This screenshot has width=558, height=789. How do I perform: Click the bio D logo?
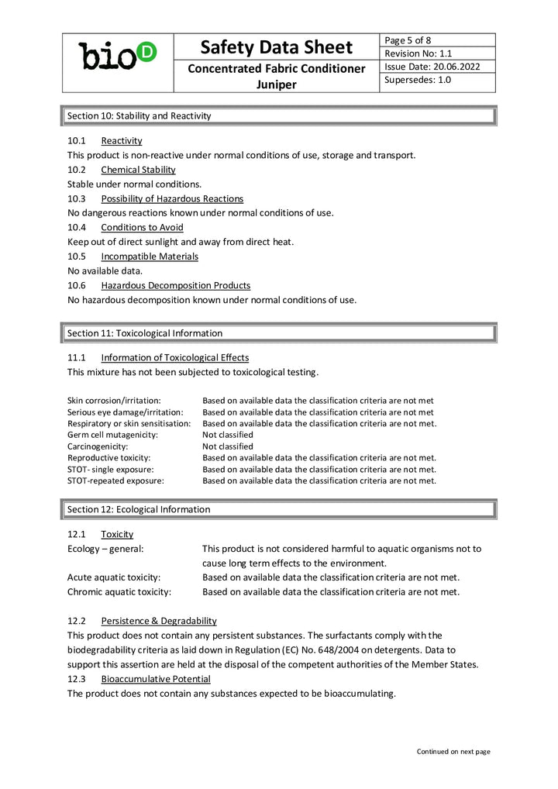tap(118, 56)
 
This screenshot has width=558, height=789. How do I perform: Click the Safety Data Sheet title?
tap(277, 47)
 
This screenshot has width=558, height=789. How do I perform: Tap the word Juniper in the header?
tap(277, 84)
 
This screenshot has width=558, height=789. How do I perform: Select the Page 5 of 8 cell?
tap(408, 40)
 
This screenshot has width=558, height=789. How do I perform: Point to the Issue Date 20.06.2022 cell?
tap(432, 67)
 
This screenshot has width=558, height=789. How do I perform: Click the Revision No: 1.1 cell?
tap(418, 53)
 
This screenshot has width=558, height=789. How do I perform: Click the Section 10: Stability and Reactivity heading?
tap(139, 115)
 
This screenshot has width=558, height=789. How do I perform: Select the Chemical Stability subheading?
tap(138, 170)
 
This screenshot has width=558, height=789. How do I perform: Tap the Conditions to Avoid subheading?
tap(142, 227)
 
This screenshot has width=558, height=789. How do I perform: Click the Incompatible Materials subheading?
tap(150, 257)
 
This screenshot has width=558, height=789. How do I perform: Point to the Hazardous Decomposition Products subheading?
tap(175, 285)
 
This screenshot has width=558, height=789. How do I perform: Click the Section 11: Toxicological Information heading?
tap(145, 333)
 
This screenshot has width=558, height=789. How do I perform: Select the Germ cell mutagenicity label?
tap(112, 435)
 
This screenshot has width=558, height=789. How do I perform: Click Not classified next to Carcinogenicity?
tap(228, 446)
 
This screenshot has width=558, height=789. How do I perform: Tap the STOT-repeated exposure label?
tap(115, 481)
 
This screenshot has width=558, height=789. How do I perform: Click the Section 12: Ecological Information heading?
tap(139, 509)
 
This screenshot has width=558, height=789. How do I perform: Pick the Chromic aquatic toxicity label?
tap(119, 592)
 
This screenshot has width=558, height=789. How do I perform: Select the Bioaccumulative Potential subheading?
tap(155, 679)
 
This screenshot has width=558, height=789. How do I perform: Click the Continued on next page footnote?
tap(453, 751)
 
